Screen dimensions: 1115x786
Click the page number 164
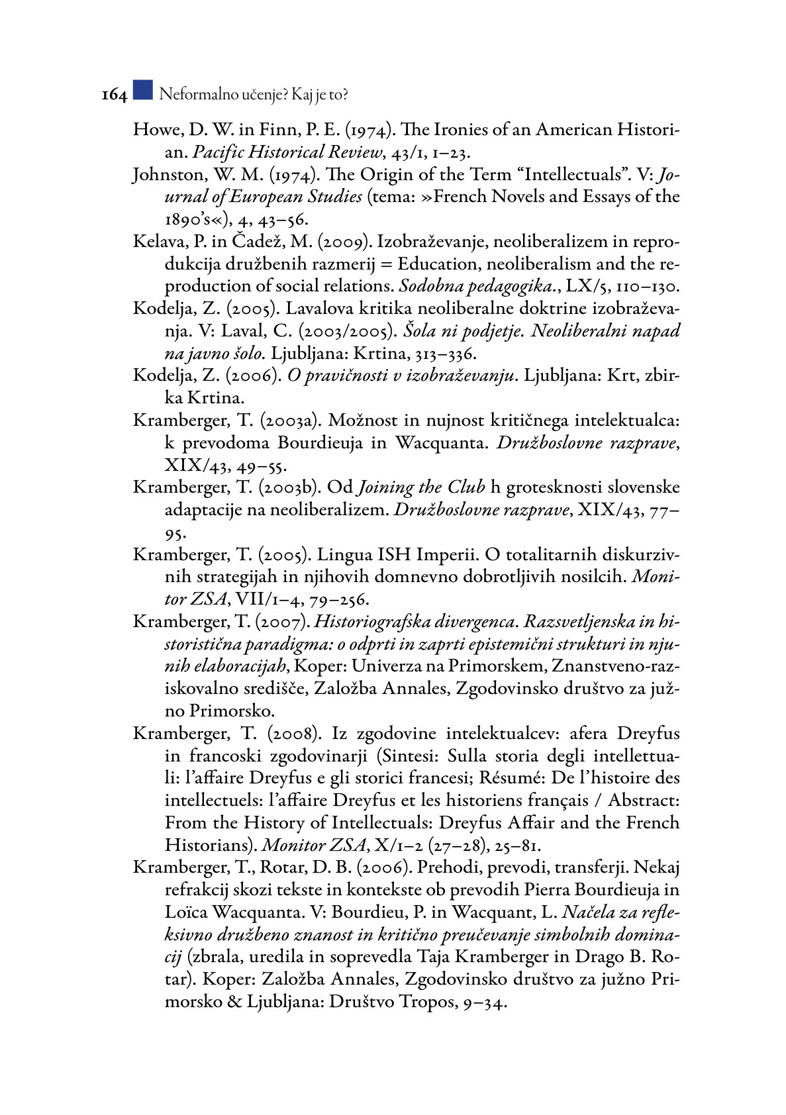[114, 95]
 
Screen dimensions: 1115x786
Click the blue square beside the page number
[142, 90]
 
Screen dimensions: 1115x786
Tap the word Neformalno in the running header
[193, 95]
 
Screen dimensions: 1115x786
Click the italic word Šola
[419, 331]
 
